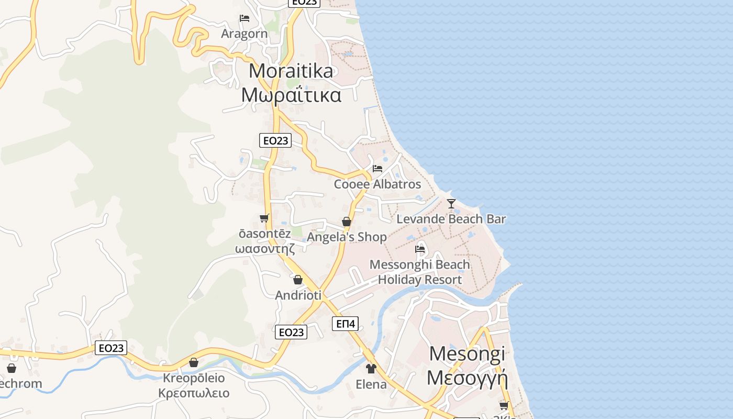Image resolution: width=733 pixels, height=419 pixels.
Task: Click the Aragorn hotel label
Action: click(244, 34)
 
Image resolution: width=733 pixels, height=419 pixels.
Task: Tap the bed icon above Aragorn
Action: click(244, 18)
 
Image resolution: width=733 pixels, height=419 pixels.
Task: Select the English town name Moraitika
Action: click(291, 71)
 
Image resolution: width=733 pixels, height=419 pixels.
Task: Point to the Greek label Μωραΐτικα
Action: click(291, 95)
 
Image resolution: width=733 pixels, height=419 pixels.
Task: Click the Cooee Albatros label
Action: click(377, 184)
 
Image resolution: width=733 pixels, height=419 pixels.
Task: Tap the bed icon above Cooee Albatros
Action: click(377, 169)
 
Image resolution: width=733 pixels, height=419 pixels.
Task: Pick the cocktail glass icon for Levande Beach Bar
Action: click(451, 203)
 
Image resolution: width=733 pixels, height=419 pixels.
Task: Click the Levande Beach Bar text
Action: click(451, 219)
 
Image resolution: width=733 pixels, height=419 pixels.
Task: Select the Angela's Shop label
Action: click(347, 237)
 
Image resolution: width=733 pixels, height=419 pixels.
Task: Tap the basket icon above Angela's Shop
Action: click(346, 222)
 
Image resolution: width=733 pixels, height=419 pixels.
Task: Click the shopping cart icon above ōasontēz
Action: click(264, 218)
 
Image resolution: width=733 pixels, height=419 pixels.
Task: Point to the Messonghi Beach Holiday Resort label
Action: click(420, 272)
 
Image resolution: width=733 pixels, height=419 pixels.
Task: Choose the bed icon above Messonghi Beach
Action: click(420, 249)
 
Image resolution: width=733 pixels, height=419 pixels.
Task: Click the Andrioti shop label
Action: click(298, 295)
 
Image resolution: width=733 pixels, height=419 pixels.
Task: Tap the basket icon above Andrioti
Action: click(298, 280)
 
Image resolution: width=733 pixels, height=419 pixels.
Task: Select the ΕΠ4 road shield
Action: click(346, 324)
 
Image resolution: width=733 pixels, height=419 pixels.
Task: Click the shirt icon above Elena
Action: click(371, 369)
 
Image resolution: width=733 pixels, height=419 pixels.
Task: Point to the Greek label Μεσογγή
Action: click(468, 377)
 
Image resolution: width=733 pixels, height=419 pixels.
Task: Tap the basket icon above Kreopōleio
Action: click(194, 362)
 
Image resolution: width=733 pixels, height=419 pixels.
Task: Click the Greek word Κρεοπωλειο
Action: click(194, 393)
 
